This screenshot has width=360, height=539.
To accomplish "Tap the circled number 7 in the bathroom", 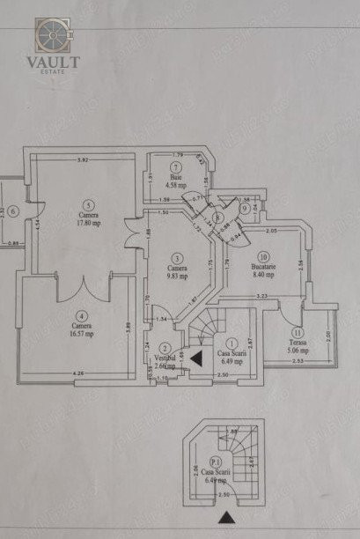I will [x=176, y=167].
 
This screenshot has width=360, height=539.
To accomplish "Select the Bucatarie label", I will [x=263, y=266].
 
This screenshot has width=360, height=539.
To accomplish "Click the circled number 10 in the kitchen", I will [x=262, y=255].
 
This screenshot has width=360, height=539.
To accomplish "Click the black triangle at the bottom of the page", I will [x=227, y=518].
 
